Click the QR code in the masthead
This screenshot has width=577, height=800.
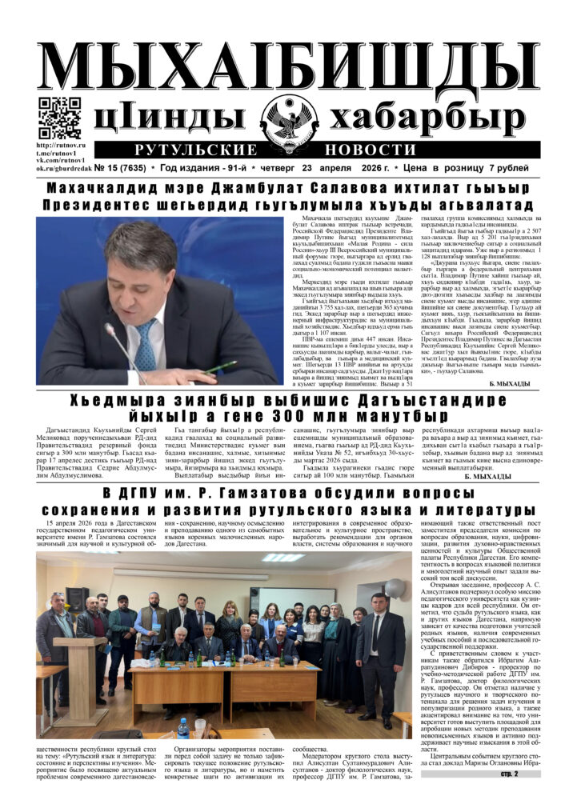[x=58, y=118]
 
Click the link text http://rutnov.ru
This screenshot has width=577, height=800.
[x=61, y=145]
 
